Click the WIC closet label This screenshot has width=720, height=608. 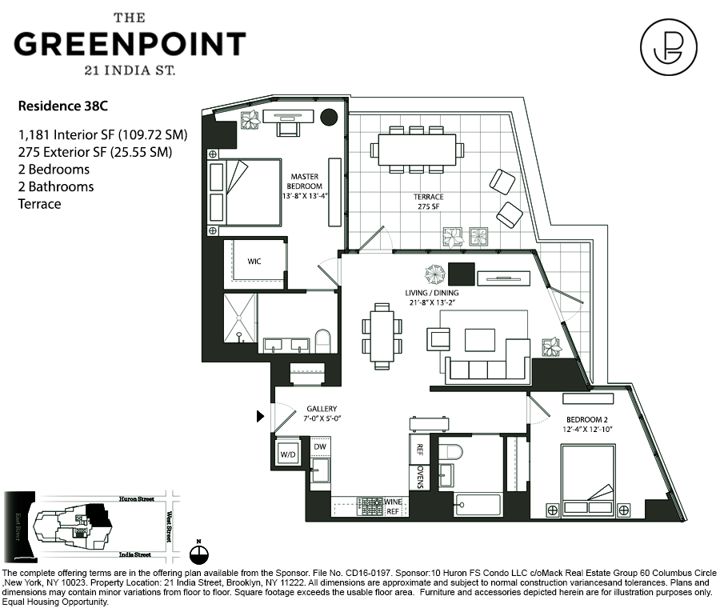(x=254, y=262)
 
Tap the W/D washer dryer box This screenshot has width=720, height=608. (x=287, y=454)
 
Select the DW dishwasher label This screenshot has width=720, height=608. (x=319, y=447)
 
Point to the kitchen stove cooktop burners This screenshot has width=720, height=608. (x=371, y=506)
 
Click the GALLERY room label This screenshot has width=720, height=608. (x=322, y=409)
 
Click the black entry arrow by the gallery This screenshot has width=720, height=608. (x=260, y=416)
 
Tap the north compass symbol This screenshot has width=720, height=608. (x=199, y=553)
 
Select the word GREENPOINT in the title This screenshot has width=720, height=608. (x=130, y=43)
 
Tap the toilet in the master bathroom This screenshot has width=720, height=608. (x=322, y=342)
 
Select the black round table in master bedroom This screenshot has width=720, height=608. (x=328, y=117)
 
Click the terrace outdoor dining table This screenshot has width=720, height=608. (x=417, y=150)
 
